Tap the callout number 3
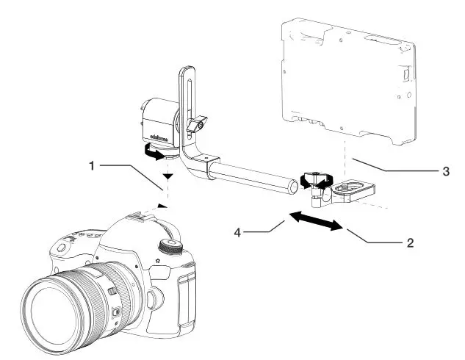pos(446,173)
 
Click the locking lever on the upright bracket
pos(196,126)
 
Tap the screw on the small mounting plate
pos(345,188)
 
